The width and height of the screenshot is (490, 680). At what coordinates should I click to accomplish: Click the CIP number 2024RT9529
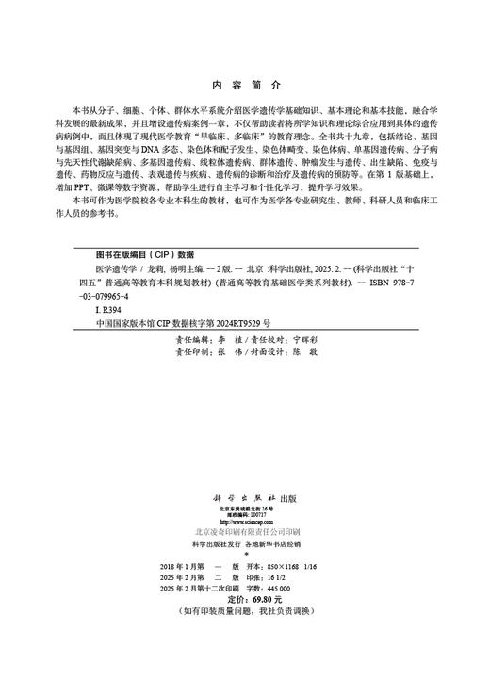pos(257,321)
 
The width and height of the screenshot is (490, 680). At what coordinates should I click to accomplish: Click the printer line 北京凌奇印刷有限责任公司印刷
pos(245,532)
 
